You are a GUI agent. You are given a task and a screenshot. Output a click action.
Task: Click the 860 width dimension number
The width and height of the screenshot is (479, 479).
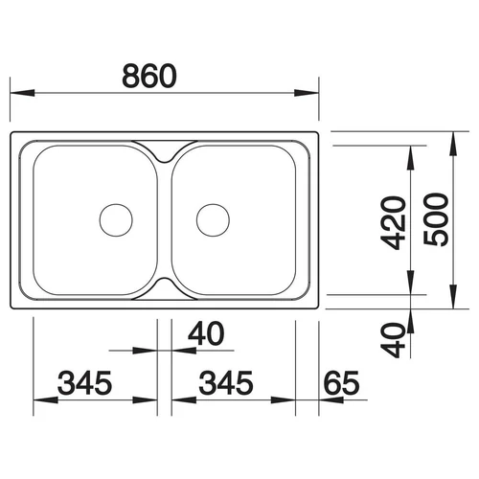tap(149, 76)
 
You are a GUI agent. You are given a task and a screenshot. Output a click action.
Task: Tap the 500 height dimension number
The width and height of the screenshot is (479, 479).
tap(436, 219)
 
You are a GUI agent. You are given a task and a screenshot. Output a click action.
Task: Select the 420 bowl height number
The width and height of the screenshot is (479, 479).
tap(395, 222)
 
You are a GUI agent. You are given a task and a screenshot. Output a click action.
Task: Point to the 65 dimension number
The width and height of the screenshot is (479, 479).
tap(341, 382)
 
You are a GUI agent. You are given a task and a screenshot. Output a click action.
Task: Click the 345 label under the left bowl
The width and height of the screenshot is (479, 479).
tap(85, 382)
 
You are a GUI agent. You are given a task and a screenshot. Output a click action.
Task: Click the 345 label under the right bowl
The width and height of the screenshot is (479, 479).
tap(226, 382)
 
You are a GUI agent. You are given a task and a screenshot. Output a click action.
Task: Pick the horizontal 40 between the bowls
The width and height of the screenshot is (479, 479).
tap(206, 333)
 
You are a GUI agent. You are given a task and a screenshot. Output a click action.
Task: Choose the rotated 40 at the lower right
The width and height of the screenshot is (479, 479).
tap(394, 340)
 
